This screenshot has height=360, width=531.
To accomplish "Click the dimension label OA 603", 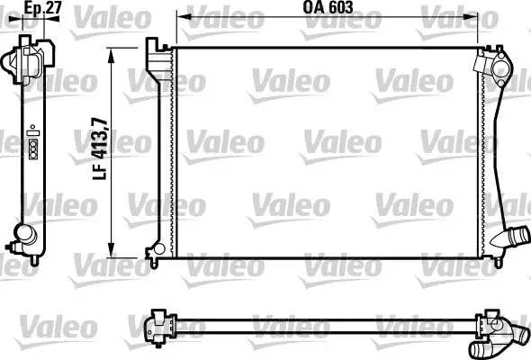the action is [x=328, y=7].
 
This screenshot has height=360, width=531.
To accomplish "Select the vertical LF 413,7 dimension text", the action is [x=100, y=148].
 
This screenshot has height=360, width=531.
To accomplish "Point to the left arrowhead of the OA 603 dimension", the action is [x=184, y=16].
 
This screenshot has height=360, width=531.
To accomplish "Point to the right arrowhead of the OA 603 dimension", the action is [x=470, y=16].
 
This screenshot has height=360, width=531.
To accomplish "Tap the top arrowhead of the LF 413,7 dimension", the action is [x=111, y=55].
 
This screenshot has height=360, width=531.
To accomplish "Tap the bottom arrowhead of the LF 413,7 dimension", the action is [x=111, y=250].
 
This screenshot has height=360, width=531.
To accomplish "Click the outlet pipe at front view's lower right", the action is [x=510, y=238].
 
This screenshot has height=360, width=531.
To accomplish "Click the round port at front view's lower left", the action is [x=158, y=249].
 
